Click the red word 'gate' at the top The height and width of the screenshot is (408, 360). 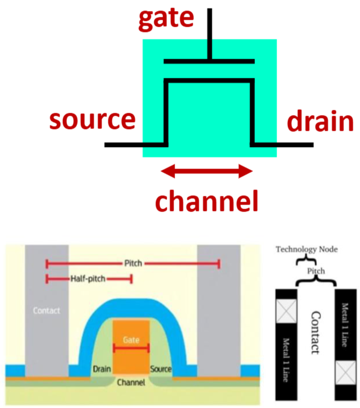(x=165, y=19)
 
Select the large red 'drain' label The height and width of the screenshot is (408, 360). (x=319, y=122)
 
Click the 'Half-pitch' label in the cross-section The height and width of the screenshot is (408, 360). (x=88, y=279)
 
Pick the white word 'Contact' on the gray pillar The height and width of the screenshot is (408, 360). (x=47, y=311)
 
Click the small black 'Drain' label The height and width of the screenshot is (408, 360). (x=101, y=370)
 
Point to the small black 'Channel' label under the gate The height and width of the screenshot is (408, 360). (x=131, y=383)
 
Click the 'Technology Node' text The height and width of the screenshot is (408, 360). (x=305, y=249)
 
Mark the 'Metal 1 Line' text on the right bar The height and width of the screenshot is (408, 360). (x=345, y=325)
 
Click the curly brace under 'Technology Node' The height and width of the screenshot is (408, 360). (x=302, y=260)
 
